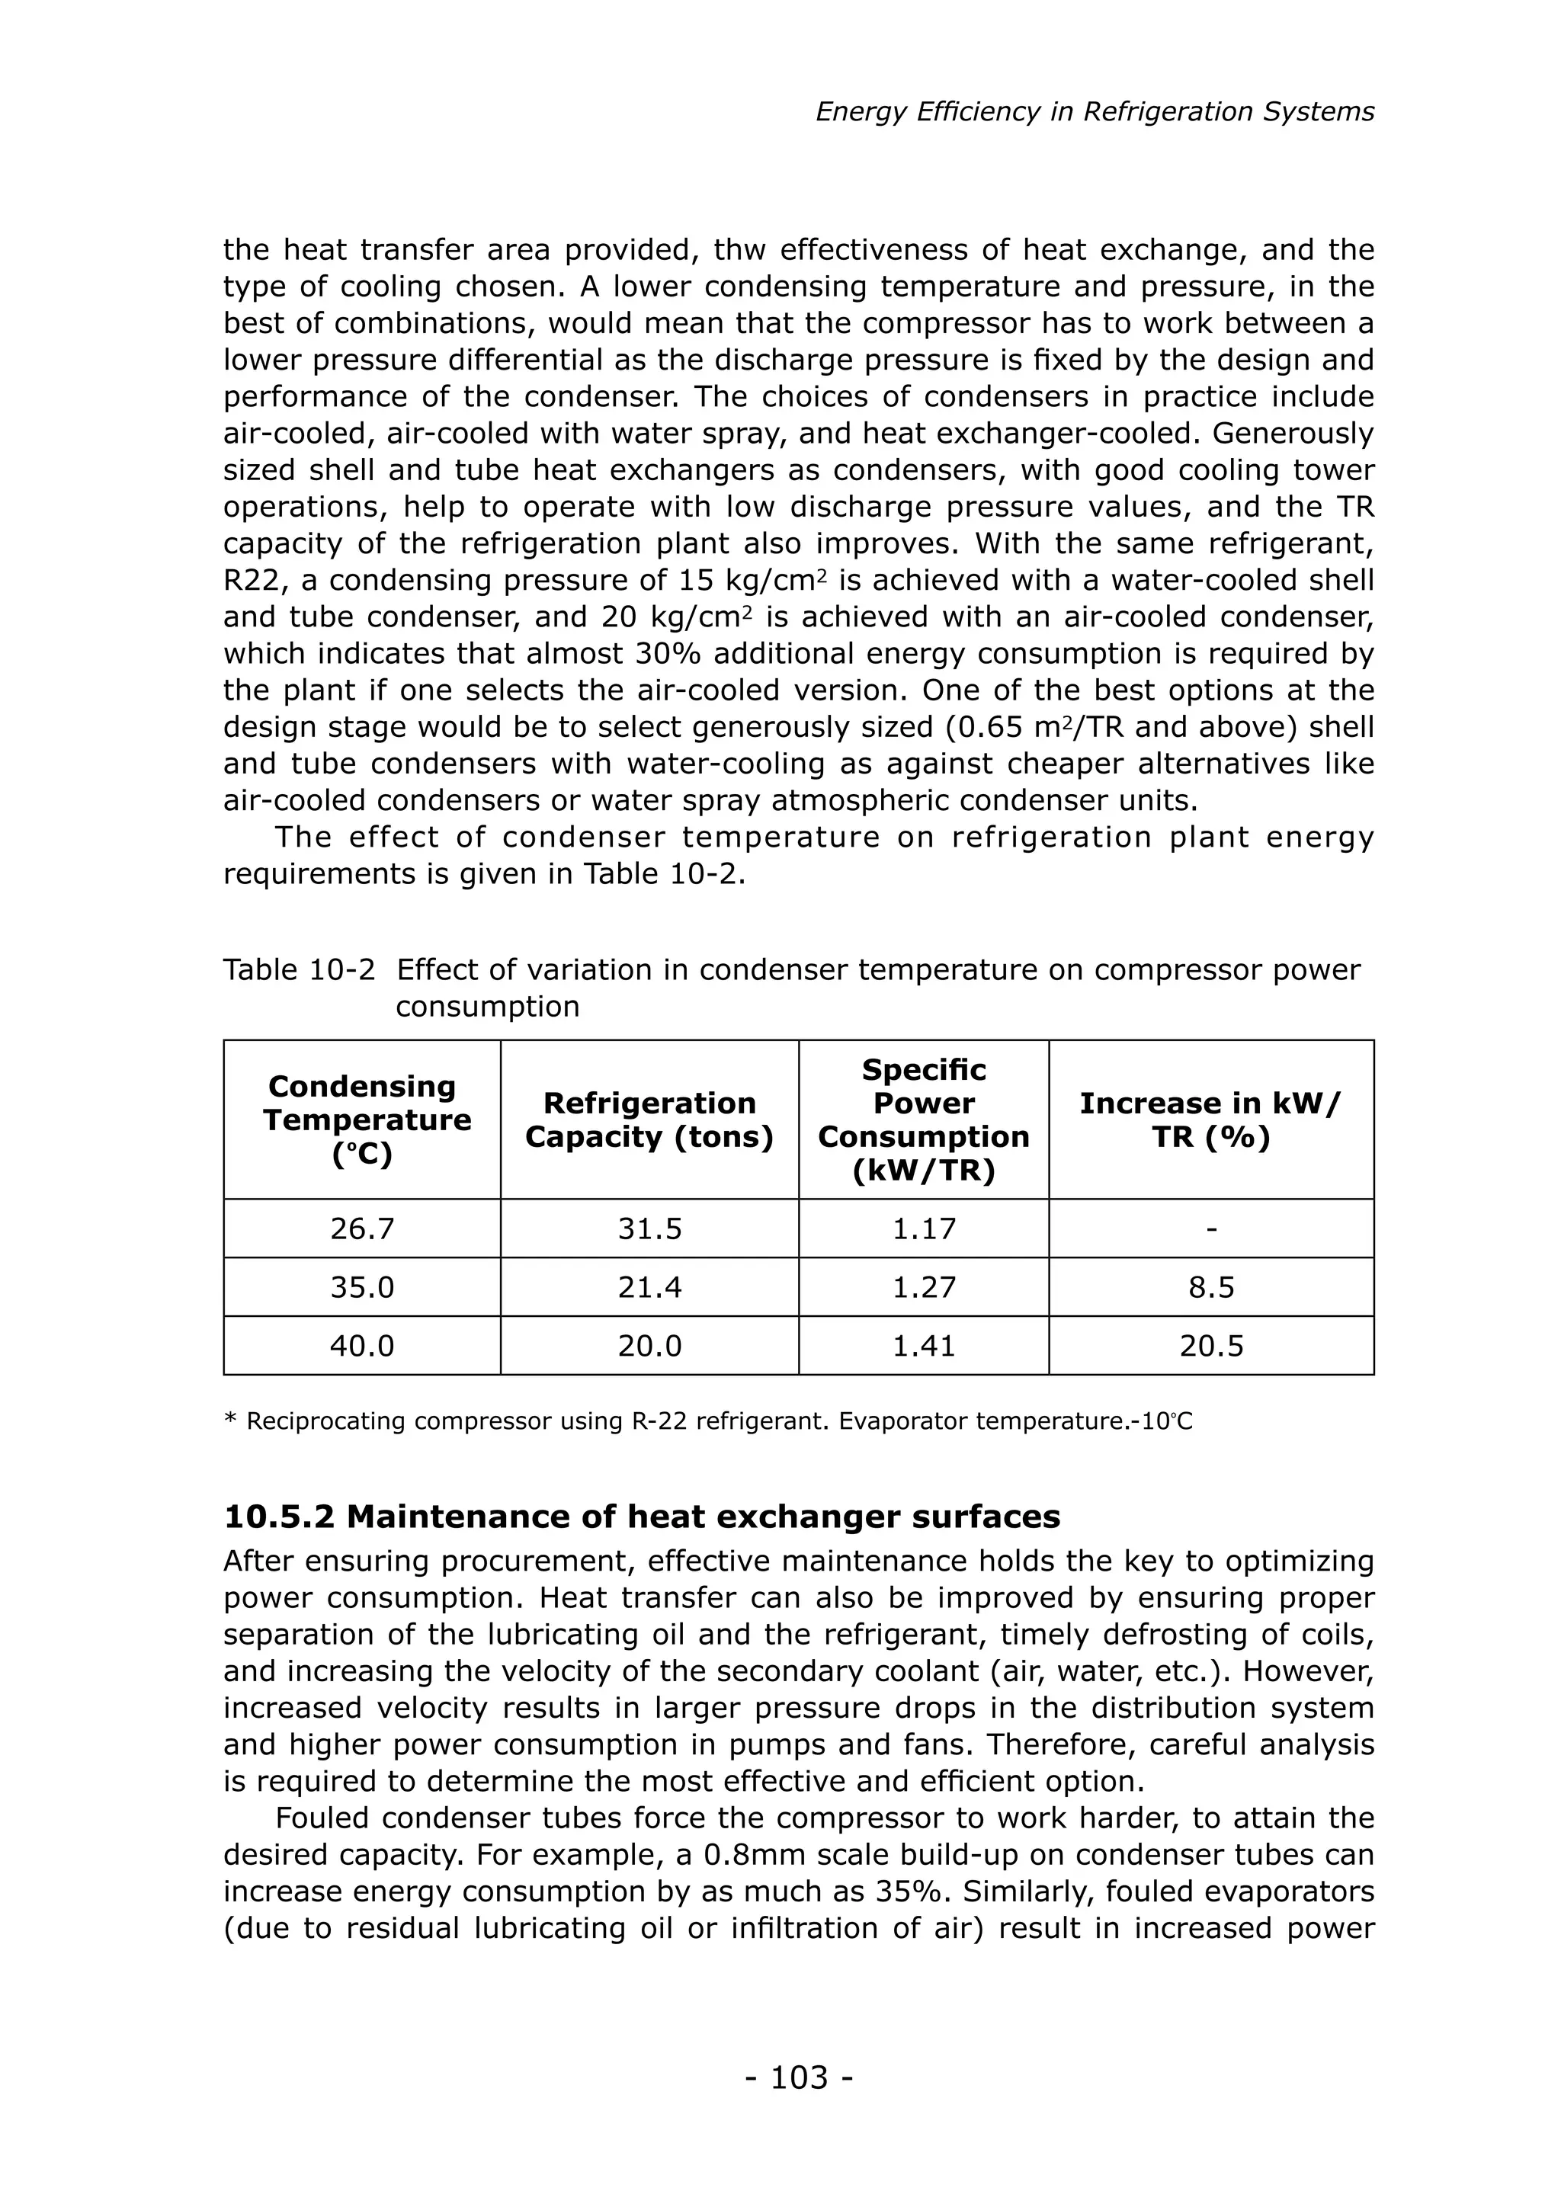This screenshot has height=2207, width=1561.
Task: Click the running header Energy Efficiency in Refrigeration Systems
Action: coord(1095,113)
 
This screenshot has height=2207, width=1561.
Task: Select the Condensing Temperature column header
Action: coord(362,1120)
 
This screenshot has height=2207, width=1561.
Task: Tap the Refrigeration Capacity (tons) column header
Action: coord(649,1120)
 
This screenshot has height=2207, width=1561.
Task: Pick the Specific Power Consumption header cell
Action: coord(923,1120)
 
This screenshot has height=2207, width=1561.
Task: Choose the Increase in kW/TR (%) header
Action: coord(1210,1120)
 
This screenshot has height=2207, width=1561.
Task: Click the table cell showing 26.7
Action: coord(362,1228)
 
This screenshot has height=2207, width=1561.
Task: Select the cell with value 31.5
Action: coord(649,1228)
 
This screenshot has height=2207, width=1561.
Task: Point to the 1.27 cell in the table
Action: coord(923,1287)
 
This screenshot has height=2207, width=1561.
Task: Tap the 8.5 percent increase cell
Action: coord(1210,1287)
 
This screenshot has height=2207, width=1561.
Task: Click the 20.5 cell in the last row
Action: coord(1210,1346)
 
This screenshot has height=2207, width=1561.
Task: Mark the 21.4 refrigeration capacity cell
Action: coord(649,1287)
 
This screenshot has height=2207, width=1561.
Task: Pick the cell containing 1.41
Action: coord(923,1346)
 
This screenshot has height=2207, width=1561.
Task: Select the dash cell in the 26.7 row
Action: coord(1210,1229)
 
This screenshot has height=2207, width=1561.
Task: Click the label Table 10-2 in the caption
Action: coord(298,970)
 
